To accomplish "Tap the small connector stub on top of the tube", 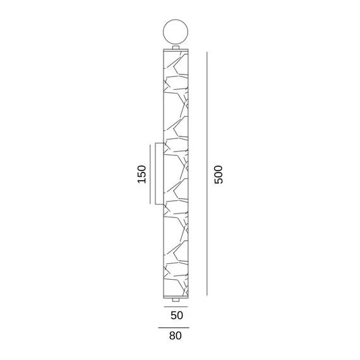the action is (176, 47).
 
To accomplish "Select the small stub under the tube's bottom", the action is (176, 300).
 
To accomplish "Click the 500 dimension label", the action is (219, 174).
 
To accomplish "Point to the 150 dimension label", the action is (142, 174).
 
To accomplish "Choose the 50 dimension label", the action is (177, 315).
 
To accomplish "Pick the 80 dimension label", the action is (176, 335).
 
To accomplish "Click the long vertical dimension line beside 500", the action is (207, 173).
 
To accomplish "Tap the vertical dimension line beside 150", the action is (150, 174).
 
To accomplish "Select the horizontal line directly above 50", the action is (176, 306).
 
